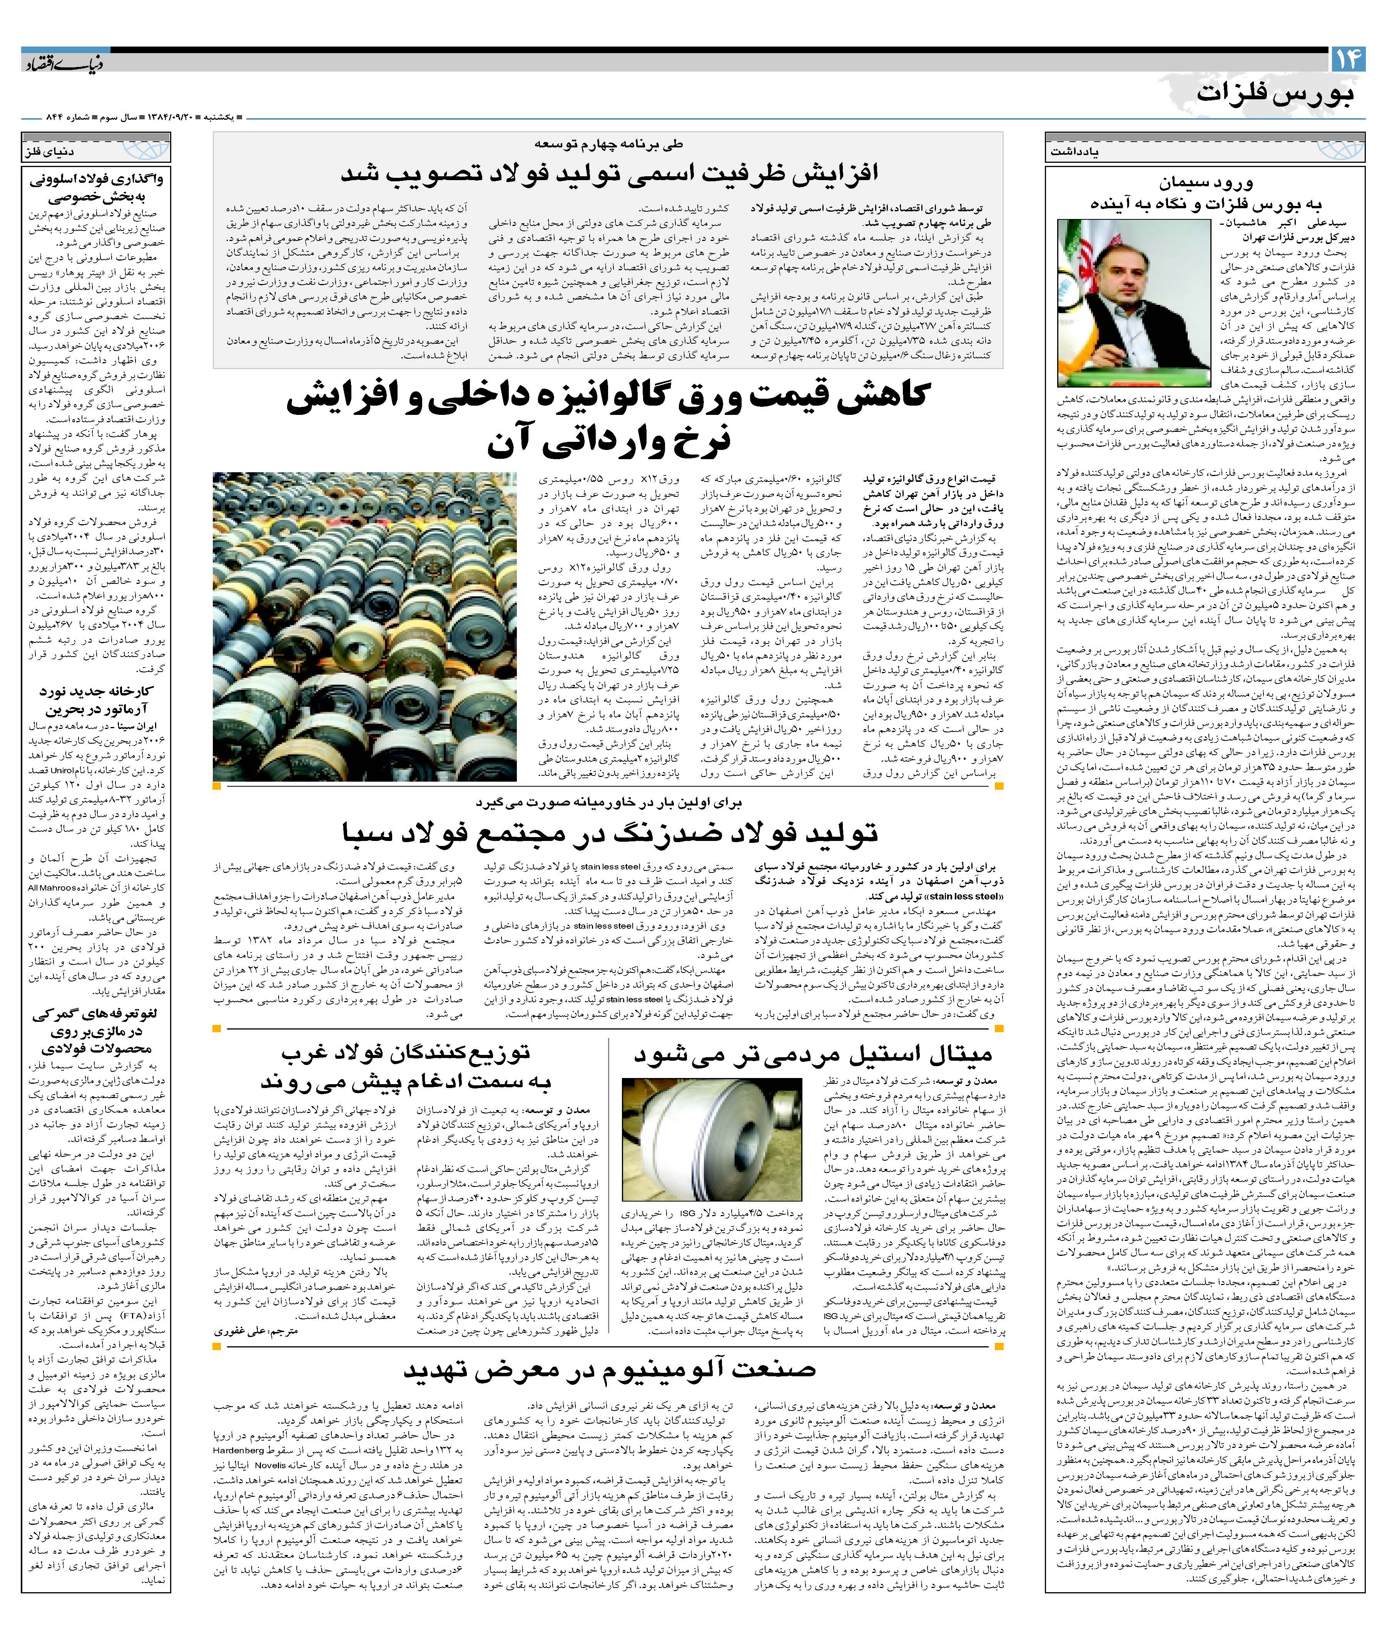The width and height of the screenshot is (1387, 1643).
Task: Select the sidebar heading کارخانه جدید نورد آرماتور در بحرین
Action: coord(96,700)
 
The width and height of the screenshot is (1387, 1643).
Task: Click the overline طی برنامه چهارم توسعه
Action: coord(609,145)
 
